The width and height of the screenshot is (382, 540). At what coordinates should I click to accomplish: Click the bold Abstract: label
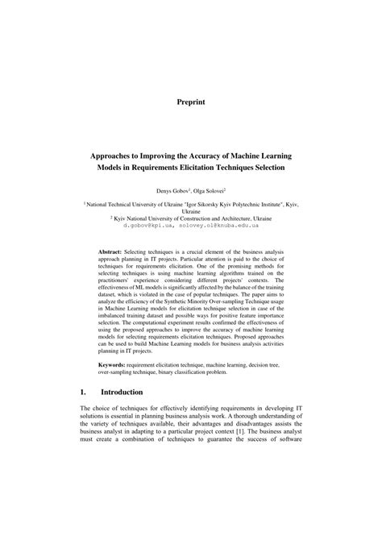click(x=109, y=252)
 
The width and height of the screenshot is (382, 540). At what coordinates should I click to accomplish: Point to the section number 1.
click(x=83, y=392)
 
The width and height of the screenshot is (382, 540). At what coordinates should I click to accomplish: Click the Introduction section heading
click(x=121, y=392)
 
